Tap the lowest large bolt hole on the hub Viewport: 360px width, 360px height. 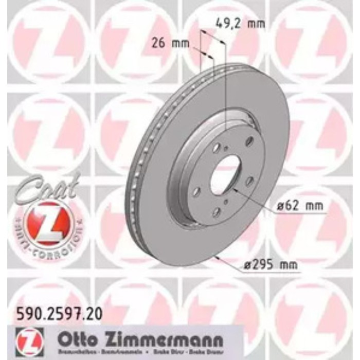tap(217, 211)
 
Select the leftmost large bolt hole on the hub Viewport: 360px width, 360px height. tap(197, 192)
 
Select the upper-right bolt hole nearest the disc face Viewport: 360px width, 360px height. tap(250, 141)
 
